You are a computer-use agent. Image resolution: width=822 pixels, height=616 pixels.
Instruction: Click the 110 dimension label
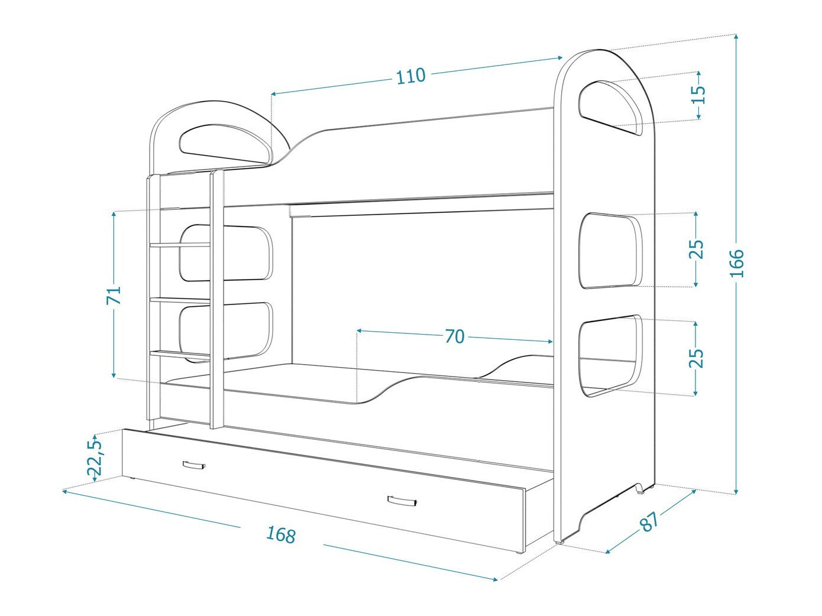click(x=410, y=76)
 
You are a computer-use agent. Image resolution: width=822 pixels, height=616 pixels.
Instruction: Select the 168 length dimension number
click(x=280, y=534)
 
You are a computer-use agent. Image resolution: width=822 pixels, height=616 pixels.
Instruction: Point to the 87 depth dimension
click(x=649, y=520)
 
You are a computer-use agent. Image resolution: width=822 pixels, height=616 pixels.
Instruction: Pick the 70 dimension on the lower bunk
click(x=454, y=336)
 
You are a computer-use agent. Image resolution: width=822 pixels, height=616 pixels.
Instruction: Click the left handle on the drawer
click(x=193, y=465)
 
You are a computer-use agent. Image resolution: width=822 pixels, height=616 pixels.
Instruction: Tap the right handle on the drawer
click(x=403, y=501)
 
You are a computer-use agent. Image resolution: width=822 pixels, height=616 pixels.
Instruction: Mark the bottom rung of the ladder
click(x=180, y=354)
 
